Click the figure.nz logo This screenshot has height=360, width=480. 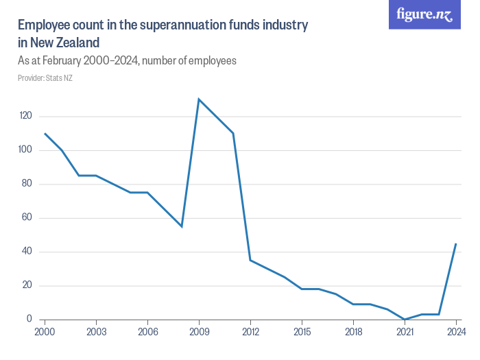424,14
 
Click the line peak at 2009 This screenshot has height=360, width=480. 199,99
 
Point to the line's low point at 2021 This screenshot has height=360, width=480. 405,319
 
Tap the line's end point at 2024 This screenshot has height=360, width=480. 456,243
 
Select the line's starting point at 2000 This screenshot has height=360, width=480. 45,134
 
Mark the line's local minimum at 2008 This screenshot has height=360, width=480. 182,226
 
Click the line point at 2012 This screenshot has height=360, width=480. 250,260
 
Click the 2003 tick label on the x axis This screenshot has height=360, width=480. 96,332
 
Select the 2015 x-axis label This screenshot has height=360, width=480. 302,332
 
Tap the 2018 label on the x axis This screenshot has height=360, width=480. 353,332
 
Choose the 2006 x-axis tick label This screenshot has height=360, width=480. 147,332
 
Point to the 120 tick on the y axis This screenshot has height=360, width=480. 26,117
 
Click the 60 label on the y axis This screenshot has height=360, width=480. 27,218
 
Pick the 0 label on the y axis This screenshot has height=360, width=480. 29,319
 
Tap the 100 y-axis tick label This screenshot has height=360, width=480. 26,150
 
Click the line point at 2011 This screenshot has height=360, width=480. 233,133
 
